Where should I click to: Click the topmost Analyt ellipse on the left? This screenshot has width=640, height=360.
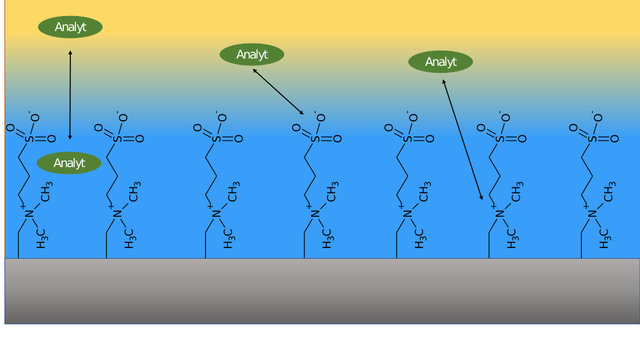(x=70, y=27)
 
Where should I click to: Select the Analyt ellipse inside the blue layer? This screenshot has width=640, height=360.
(x=69, y=163)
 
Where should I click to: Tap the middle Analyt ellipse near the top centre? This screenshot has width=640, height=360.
(x=252, y=54)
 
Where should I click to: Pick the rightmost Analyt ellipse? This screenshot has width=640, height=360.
(x=440, y=62)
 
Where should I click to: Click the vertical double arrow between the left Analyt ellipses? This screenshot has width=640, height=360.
(x=70, y=95)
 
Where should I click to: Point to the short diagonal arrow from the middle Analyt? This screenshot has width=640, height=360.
(x=278, y=91)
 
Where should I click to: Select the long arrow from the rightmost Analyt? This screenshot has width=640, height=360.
(x=462, y=139)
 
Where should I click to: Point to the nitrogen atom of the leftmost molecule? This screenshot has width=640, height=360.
(x=28, y=213)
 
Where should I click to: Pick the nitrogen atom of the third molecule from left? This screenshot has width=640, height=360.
(x=214, y=213)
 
